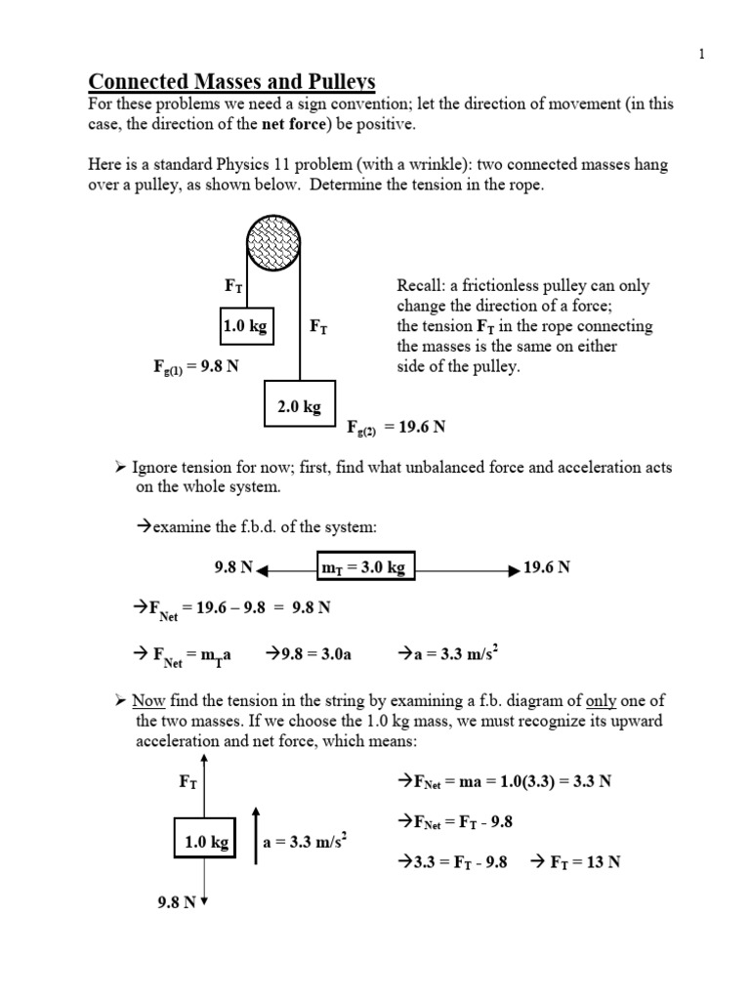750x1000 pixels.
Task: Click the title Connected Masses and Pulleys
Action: click(232, 81)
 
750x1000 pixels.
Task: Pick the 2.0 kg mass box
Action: click(299, 406)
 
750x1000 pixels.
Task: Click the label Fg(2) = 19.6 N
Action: click(398, 427)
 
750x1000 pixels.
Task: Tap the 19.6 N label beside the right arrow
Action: click(547, 567)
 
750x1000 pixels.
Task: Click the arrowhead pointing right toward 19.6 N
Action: click(515, 567)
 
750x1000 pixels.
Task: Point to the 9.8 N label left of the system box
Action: click(234, 567)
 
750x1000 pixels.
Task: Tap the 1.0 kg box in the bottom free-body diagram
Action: click(206, 842)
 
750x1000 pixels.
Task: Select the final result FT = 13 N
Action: click(576, 862)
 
